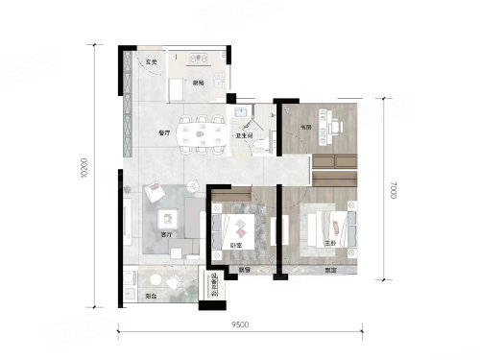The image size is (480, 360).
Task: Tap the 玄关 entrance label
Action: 151,64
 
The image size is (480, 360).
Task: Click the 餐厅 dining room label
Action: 163,133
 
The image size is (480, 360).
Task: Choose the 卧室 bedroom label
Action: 233,246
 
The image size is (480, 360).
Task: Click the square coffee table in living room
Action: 166,216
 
